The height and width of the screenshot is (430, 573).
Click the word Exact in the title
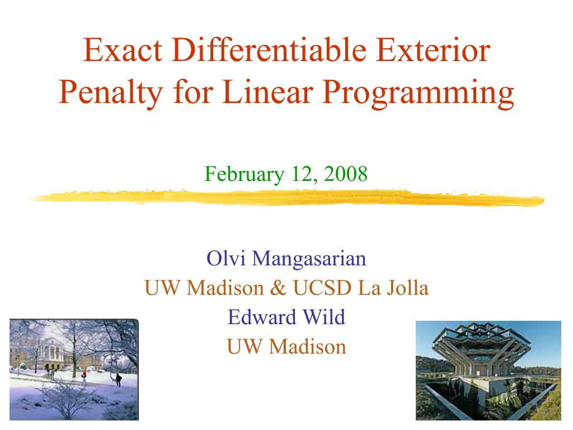point(123,50)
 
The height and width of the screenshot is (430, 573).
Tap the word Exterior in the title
point(433,50)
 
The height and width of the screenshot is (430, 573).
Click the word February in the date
point(244,175)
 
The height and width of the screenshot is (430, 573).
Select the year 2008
point(345,174)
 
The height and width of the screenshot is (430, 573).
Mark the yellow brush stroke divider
point(287,198)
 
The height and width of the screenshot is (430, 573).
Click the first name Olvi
point(226,258)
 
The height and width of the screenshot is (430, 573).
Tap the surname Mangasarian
point(309,260)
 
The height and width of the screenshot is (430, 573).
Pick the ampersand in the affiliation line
point(278,288)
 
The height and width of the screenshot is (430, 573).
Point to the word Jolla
point(407,288)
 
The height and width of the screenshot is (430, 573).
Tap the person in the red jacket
point(84,377)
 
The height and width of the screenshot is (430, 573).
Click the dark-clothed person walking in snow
point(119,380)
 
